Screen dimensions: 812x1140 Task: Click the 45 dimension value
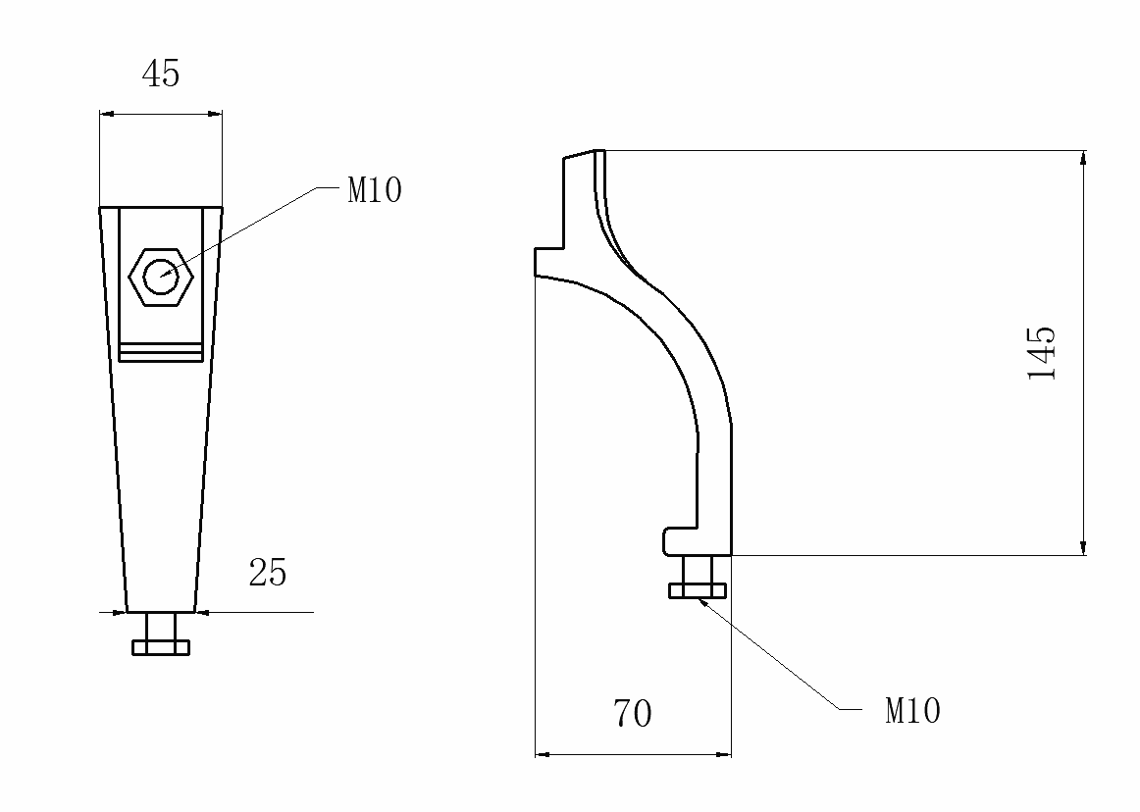[162, 75]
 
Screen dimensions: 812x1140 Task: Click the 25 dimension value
[268, 573]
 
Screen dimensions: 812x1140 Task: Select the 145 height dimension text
[1042, 352]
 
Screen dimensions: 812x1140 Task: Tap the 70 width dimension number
[633, 714]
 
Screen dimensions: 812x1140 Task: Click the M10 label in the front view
[375, 190]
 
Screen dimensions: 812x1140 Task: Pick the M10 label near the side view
[912, 711]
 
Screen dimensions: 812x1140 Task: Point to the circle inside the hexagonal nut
[162, 277]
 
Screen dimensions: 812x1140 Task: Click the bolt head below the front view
[161, 647]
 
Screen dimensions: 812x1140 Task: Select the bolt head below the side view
[698, 589]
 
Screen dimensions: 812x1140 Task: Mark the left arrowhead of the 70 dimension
[542, 754]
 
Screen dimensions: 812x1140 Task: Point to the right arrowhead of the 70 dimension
[725, 754]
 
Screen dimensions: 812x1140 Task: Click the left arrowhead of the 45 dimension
[106, 115]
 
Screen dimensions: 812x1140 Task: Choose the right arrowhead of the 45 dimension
[216, 115]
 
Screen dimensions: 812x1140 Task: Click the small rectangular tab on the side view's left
[547, 262]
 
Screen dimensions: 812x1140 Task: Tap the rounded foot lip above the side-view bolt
[677, 540]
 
